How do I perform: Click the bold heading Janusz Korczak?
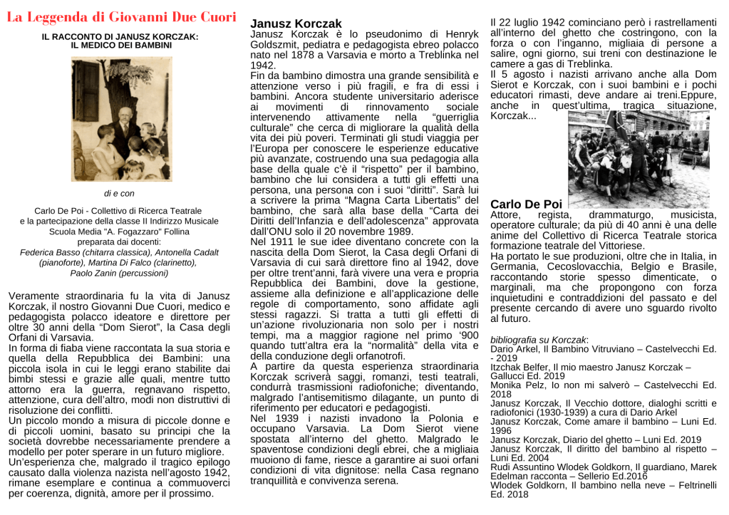click(x=286, y=24)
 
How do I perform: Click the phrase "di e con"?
click(x=120, y=193)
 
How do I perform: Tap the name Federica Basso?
click(x=49, y=252)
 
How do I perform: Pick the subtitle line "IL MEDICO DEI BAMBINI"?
click(x=121, y=45)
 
